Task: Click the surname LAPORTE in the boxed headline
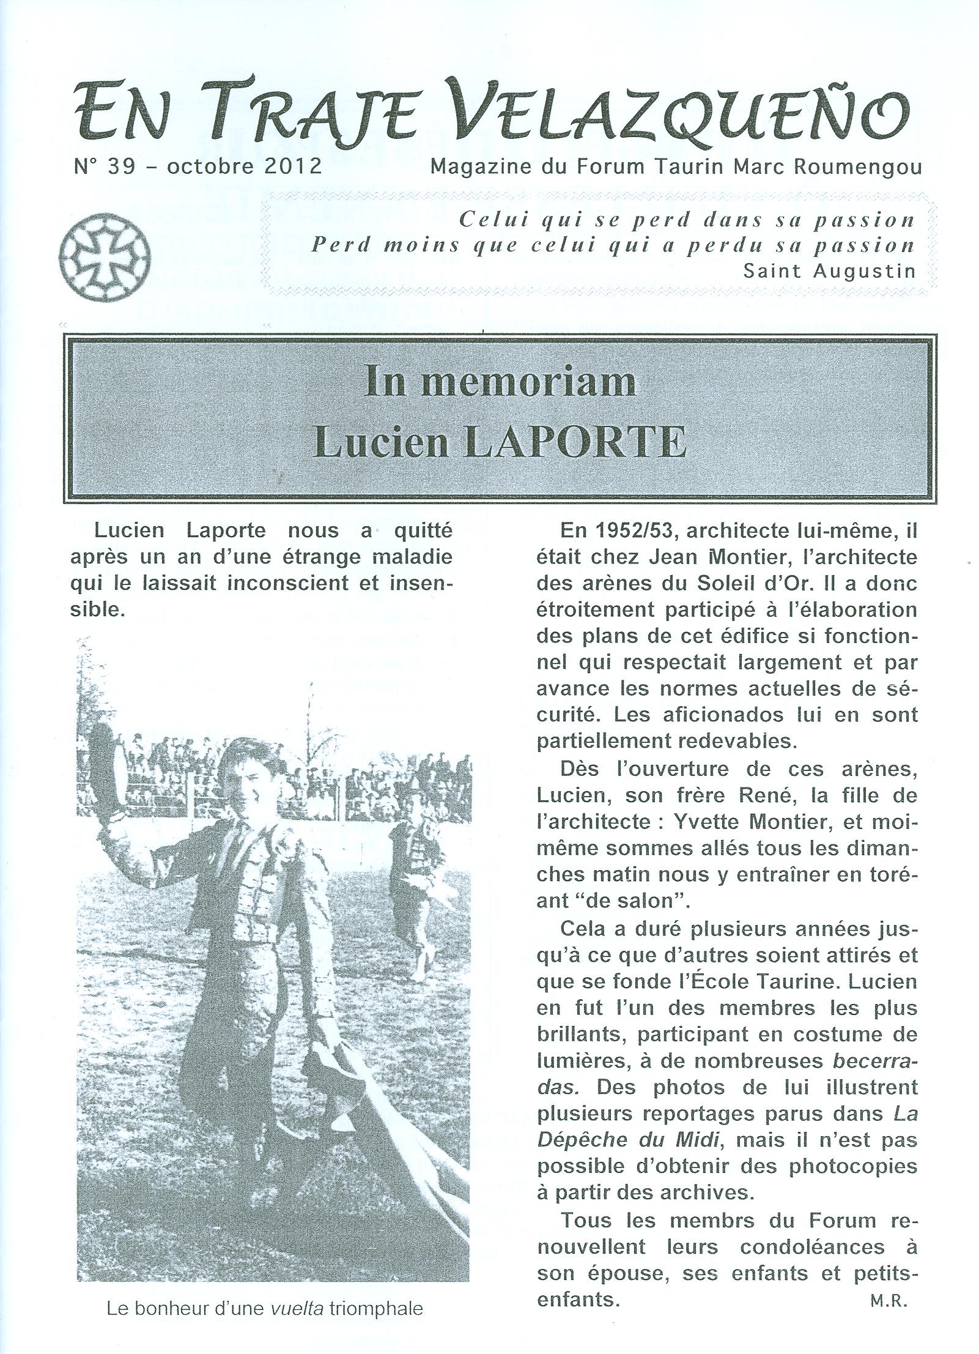[572, 441]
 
